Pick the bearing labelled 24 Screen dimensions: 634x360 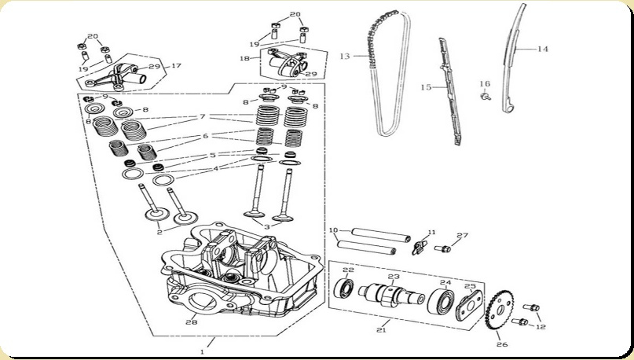[x=442, y=301]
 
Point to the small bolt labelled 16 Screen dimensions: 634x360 [x=485, y=96]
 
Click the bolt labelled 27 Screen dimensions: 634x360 [x=443, y=248]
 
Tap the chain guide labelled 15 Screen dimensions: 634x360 [x=449, y=91]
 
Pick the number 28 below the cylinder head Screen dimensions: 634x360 [x=192, y=322]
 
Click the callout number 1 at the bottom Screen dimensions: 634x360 [x=202, y=352]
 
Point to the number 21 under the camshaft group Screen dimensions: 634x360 [x=381, y=330]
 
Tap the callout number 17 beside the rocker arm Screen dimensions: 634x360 [x=176, y=65]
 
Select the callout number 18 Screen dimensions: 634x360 [x=244, y=58]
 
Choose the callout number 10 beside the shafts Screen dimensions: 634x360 [x=334, y=230]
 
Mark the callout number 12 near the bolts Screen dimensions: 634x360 [x=541, y=326]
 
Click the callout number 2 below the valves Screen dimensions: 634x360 [x=159, y=232]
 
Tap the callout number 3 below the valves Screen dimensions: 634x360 [x=266, y=227]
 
